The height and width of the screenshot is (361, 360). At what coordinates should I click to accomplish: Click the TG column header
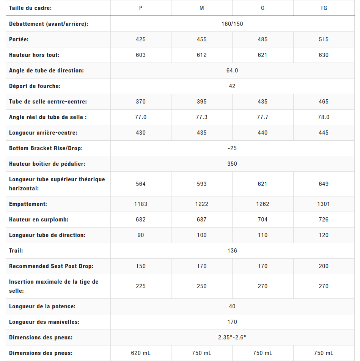pyautogui.click(x=324, y=8)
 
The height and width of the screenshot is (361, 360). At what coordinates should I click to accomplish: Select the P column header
pyautogui.click(x=141, y=8)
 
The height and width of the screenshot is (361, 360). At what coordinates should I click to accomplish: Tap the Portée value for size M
pyautogui.click(x=202, y=39)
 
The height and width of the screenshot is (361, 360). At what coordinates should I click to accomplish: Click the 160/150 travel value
pyautogui.click(x=232, y=24)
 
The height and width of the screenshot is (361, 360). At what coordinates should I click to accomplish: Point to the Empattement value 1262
pyautogui.click(x=263, y=204)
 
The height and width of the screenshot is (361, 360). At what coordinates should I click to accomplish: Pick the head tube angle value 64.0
pyautogui.click(x=232, y=71)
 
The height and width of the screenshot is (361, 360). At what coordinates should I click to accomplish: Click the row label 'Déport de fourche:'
pyautogui.click(x=35, y=86)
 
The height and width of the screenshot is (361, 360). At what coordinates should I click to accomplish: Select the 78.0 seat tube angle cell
pyautogui.click(x=324, y=117)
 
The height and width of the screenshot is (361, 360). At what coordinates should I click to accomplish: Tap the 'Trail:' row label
pyautogui.click(x=16, y=251)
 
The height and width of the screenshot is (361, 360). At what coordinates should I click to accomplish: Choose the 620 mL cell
pyautogui.click(x=141, y=353)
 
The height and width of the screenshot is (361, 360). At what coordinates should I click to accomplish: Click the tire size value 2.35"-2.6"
pyautogui.click(x=232, y=337)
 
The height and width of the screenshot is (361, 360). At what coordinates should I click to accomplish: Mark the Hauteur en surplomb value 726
pyautogui.click(x=324, y=220)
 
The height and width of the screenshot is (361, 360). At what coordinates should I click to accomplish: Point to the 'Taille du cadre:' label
pyautogui.click(x=30, y=8)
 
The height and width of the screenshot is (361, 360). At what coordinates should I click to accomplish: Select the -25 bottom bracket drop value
pyautogui.click(x=232, y=148)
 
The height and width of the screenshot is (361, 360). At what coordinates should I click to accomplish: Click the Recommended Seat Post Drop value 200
pyautogui.click(x=324, y=266)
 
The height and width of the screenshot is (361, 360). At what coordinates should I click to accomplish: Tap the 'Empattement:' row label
pyautogui.click(x=28, y=204)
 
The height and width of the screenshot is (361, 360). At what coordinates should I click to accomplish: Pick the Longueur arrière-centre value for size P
pyautogui.click(x=141, y=133)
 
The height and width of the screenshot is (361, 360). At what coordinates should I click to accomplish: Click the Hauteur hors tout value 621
pyautogui.click(x=263, y=55)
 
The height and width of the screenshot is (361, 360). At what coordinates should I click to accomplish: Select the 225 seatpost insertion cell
pyautogui.click(x=141, y=286)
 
